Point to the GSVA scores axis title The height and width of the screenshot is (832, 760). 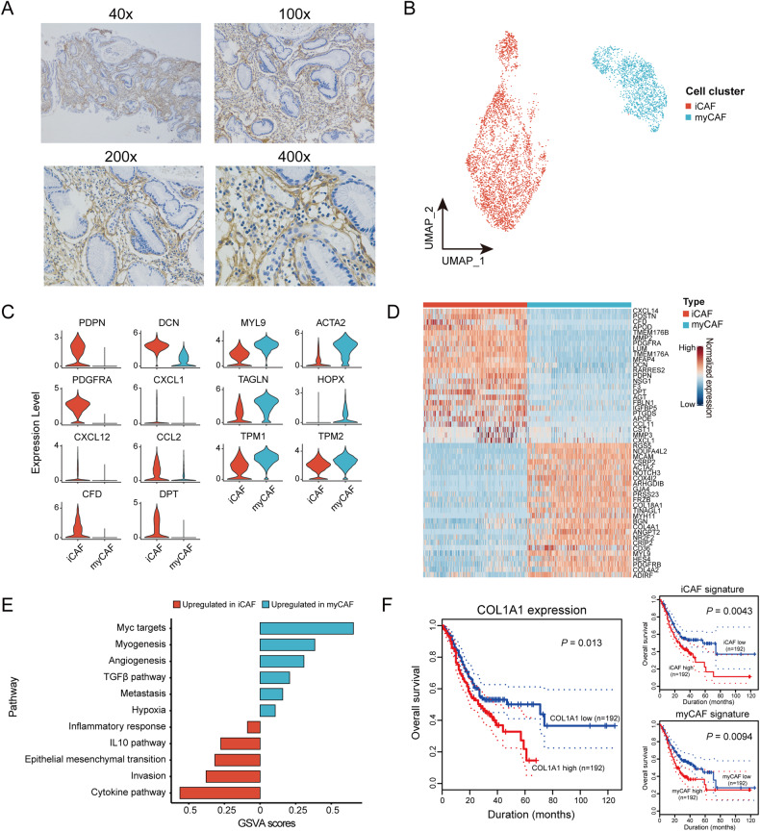click(x=260, y=824)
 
